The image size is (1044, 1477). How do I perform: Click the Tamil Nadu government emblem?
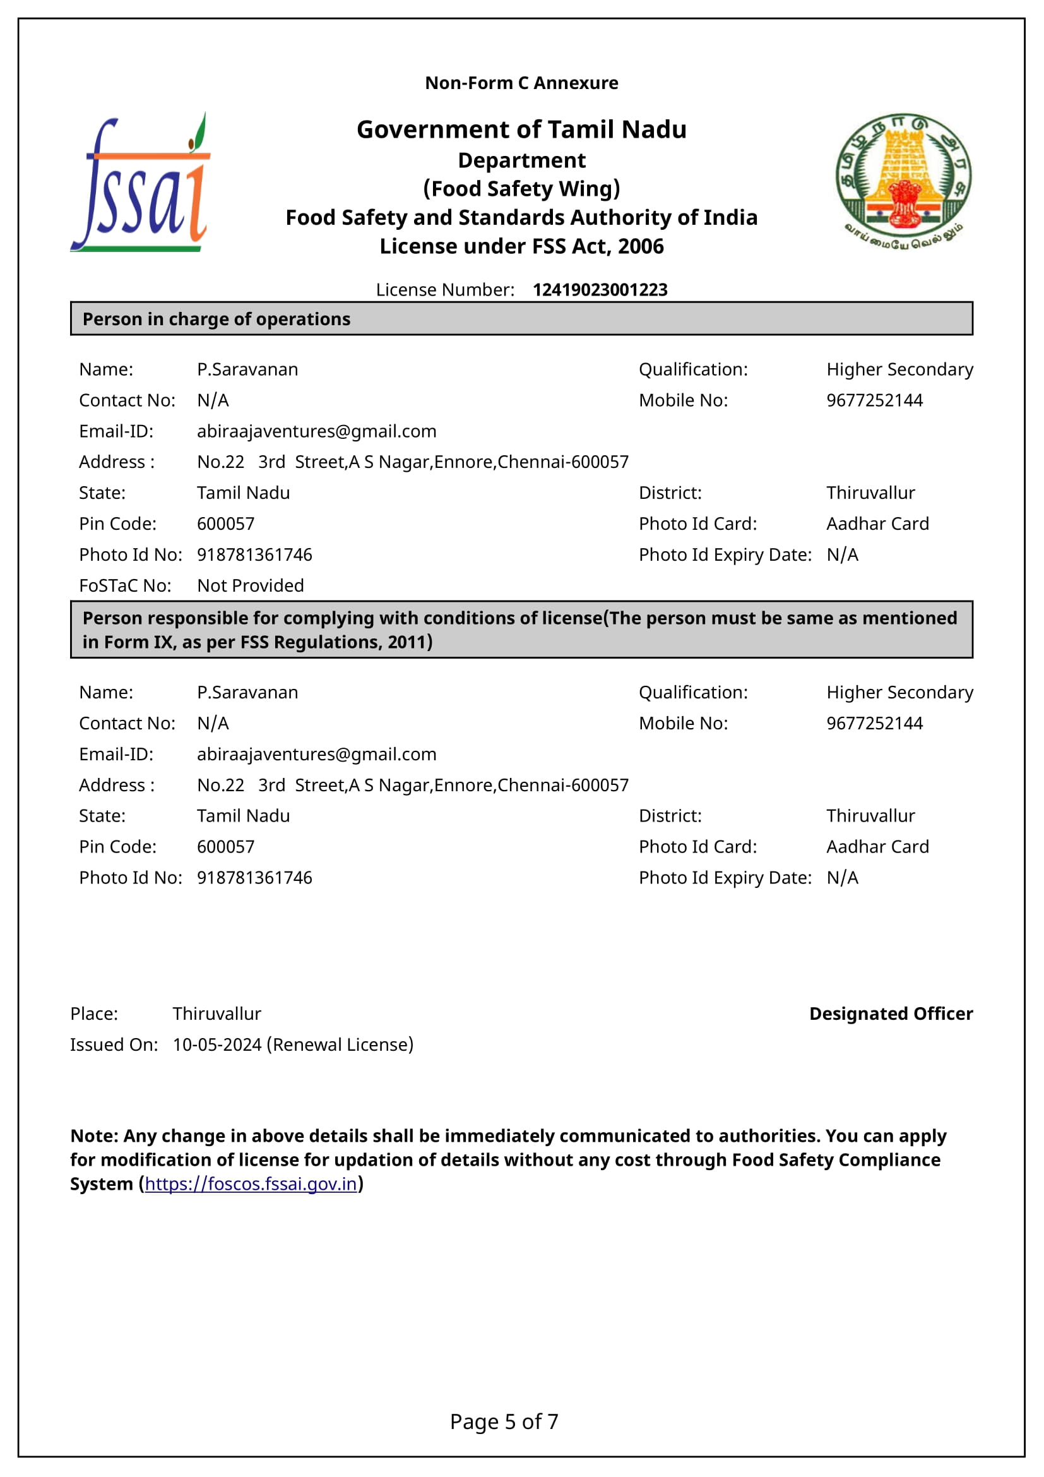pos(903,181)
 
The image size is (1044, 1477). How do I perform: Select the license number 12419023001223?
pos(600,290)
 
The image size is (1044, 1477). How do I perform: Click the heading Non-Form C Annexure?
pos(521,83)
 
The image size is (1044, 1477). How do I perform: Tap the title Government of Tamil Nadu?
pos(521,129)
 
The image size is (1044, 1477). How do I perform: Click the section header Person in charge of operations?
pos(216,319)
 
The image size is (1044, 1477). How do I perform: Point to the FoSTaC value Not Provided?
pos(250,585)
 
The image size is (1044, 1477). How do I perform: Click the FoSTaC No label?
pos(125,585)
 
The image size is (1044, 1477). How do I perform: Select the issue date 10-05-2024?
pos(217,1044)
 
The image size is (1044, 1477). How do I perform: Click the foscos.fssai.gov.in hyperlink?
pos(251,1183)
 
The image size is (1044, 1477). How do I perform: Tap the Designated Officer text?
pos(891,1014)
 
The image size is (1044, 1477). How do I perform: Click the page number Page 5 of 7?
pos(504,1421)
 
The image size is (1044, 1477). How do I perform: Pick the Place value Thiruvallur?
pos(217,1014)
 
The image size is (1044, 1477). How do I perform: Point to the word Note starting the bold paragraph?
pos(94,1136)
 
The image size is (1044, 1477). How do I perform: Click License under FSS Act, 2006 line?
pos(521,246)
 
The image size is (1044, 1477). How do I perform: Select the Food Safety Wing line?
pos(521,188)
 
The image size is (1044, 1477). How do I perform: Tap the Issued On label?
pos(114,1044)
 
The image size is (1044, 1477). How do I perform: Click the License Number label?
pos(445,290)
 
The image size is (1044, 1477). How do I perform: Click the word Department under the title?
pos(521,160)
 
